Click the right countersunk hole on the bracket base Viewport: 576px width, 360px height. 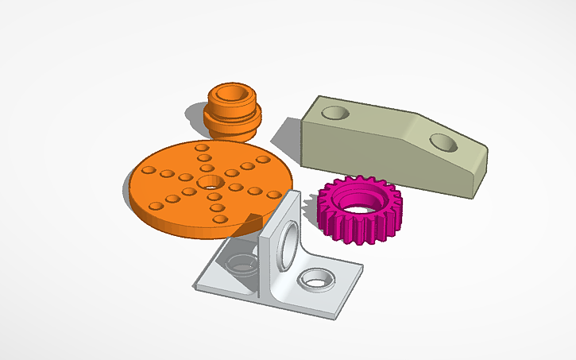(x=315, y=279)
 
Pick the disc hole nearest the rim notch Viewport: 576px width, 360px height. (x=223, y=218)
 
